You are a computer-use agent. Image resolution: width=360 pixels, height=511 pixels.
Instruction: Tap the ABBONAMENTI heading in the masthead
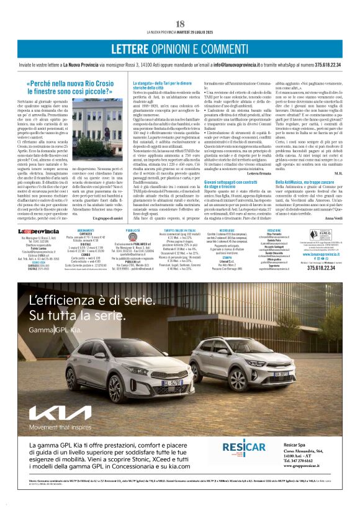tap(86, 230)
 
